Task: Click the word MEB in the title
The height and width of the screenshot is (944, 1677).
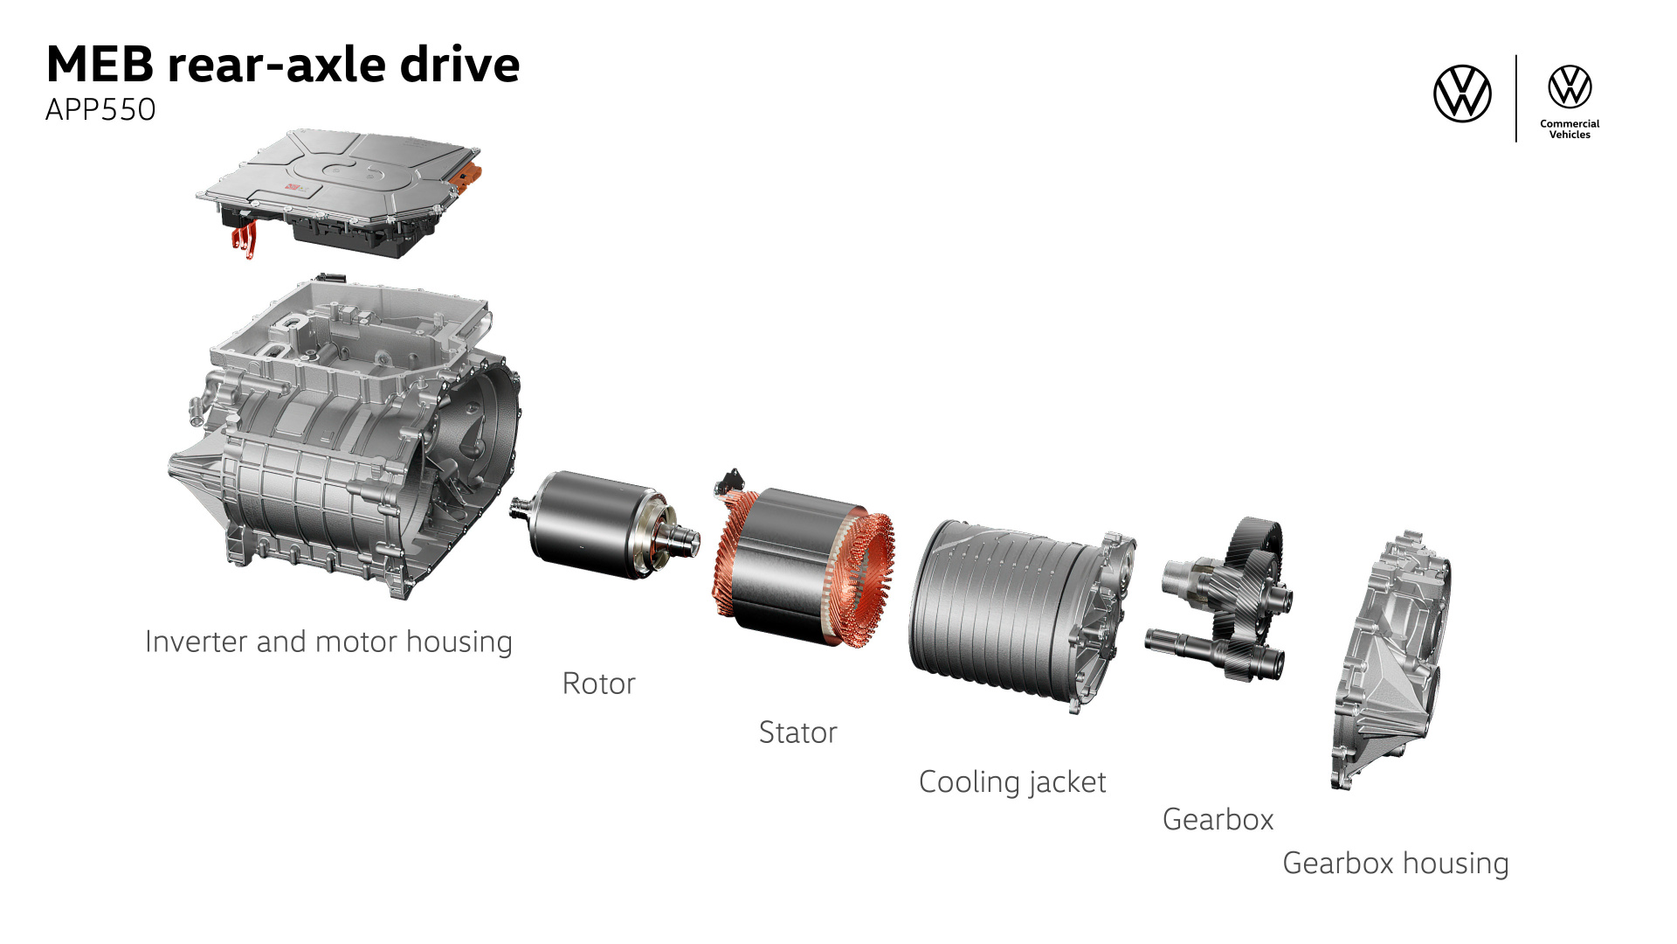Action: coord(100,65)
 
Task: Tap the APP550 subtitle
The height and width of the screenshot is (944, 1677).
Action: coord(100,110)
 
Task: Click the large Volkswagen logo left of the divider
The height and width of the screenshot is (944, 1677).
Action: coord(1462,94)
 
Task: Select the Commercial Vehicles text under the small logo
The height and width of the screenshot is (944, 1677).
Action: coord(1570,129)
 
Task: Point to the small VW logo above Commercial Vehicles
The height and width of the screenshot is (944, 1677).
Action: coord(1570,87)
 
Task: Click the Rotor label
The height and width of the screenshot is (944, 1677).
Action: coord(598,684)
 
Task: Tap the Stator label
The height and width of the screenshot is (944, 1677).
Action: coord(797,732)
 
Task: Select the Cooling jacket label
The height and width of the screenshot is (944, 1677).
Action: coord(1012,782)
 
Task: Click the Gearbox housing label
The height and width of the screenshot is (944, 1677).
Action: coord(1396,864)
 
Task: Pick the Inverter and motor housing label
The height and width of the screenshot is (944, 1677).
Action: coord(328,642)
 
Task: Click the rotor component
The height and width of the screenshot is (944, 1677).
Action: coord(603,524)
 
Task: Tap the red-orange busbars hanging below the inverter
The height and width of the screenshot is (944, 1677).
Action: coord(245,238)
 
